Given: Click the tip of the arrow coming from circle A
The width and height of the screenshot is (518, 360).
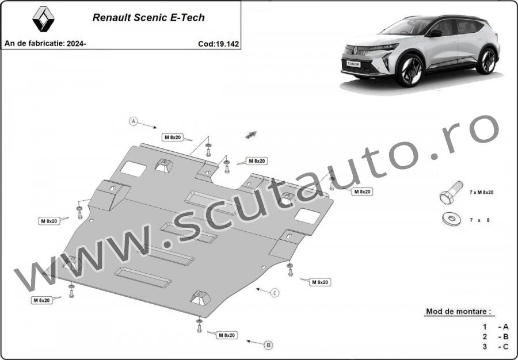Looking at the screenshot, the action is coord(157,128).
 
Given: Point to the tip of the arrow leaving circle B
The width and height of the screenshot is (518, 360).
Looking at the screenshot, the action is coord(247,341).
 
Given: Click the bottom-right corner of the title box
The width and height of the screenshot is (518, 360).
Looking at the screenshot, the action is coord(241,49).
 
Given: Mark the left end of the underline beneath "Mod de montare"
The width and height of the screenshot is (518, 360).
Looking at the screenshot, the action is coord(425,316).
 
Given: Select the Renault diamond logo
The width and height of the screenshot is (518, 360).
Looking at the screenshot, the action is coord(43,20).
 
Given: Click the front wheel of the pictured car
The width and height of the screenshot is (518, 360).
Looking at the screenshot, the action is coord(410,70).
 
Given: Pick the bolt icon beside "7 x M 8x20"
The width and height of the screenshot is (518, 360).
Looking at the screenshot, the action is coord(451,193).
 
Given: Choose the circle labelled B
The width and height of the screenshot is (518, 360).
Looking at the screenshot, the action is coord(269,345).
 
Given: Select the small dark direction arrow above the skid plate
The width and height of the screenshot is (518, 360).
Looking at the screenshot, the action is coord(251,135).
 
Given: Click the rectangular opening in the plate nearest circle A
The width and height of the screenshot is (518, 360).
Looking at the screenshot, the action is coord(133,169).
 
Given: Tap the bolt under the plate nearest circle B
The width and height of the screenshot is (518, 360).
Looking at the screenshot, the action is coord(199,326).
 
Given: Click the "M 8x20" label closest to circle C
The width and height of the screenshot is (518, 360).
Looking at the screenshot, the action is coord(320,282).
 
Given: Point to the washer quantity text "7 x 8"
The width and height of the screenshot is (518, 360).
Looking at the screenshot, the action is coord(479,220).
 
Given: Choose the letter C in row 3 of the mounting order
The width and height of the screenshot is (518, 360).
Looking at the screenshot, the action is coord(505,346).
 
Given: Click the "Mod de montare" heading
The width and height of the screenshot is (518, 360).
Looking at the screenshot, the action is coord(458,311).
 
